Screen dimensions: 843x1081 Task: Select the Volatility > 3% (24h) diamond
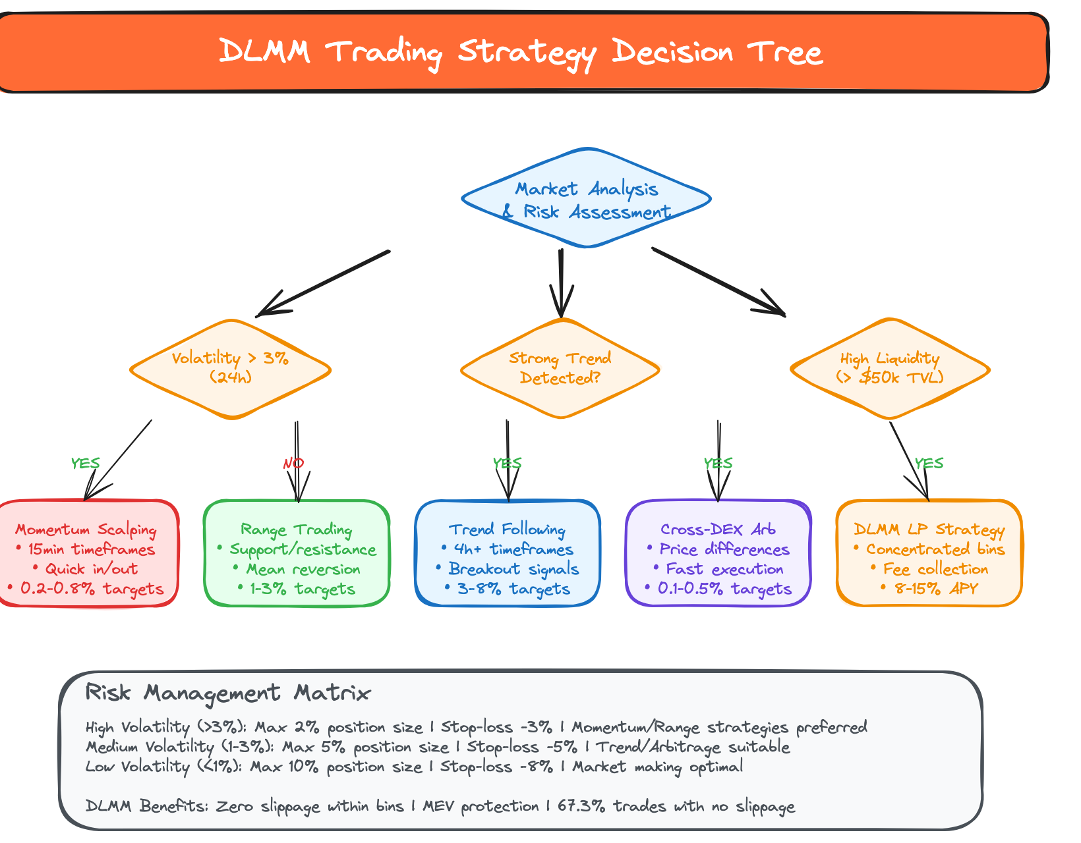coord(231,368)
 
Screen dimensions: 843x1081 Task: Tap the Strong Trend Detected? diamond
coord(560,368)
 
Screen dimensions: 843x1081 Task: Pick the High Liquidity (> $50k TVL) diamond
coord(890,368)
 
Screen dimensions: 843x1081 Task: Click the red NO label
coord(293,464)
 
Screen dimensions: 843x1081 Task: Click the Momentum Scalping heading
coord(86,530)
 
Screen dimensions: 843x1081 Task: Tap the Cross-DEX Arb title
coord(718,530)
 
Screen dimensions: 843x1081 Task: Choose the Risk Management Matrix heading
coord(228,693)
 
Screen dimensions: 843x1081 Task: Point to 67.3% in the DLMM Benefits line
coord(582,807)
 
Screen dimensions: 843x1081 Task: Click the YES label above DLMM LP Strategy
coord(929,464)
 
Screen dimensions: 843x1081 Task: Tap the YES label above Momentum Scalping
coord(86,464)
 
